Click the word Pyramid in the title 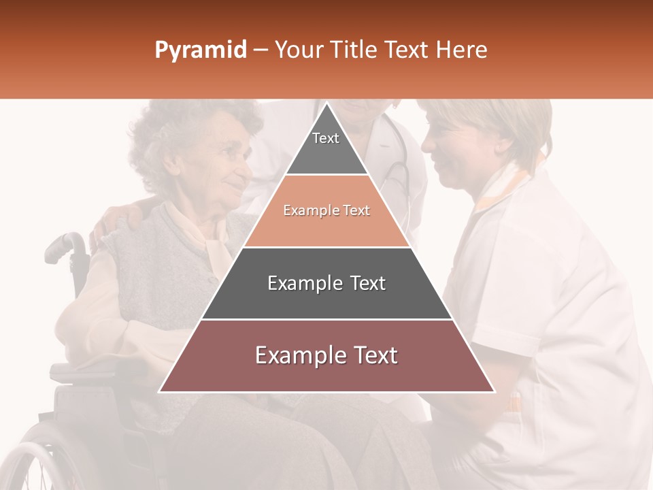200,50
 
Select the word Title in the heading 354,50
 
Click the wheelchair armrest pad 75,371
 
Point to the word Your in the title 299,50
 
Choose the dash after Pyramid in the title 261,50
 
